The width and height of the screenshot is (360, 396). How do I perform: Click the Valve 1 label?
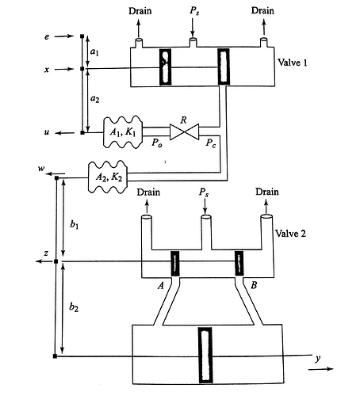click(293, 63)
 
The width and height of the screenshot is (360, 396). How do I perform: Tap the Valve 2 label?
click(290, 234)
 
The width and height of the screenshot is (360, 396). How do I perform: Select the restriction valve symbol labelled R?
click(184, 131)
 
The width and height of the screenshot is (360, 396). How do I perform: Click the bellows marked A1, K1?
click(123, 131)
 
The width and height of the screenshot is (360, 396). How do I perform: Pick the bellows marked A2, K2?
click(108, 177)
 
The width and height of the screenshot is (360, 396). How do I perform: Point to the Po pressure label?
click(157, 143)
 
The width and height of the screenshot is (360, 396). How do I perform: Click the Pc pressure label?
click(211, 143)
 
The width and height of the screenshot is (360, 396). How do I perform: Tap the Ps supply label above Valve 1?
click(194, 11)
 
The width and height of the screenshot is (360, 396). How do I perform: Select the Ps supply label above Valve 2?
click(204, 192)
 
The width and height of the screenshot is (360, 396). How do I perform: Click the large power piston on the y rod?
click(205, 355)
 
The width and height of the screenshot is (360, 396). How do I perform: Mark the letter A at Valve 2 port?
click(161, 285)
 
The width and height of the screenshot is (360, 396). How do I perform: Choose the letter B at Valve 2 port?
click(254, 285)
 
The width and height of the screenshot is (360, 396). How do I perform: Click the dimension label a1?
click(94, 51)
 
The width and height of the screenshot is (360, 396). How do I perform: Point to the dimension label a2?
click(94, 99)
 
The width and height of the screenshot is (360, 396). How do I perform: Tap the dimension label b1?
click(75, 224)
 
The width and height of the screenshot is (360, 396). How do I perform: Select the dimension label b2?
click(74, 307)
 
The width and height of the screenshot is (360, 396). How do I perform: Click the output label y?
click(318, 359)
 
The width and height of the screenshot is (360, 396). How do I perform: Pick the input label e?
click(47, 36)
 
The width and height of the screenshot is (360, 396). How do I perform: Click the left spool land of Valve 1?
click(165, 67)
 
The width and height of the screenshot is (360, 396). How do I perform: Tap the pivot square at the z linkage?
click(56, 261)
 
